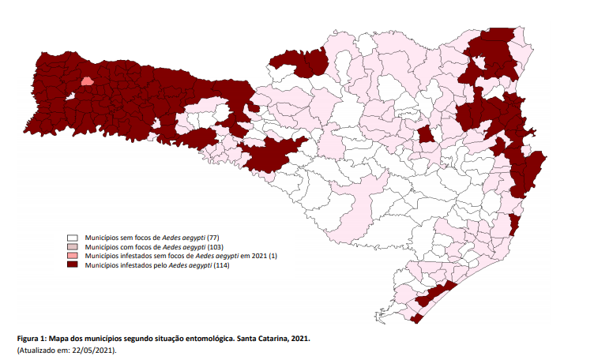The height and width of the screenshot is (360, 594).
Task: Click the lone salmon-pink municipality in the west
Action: pyautogui.click(x=86, y=80)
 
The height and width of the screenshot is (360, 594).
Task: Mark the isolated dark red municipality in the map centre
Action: pyautogui.click(x=425, y=135)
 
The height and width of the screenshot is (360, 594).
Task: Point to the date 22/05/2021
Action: pyautogui.click(x=96, y=350)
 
